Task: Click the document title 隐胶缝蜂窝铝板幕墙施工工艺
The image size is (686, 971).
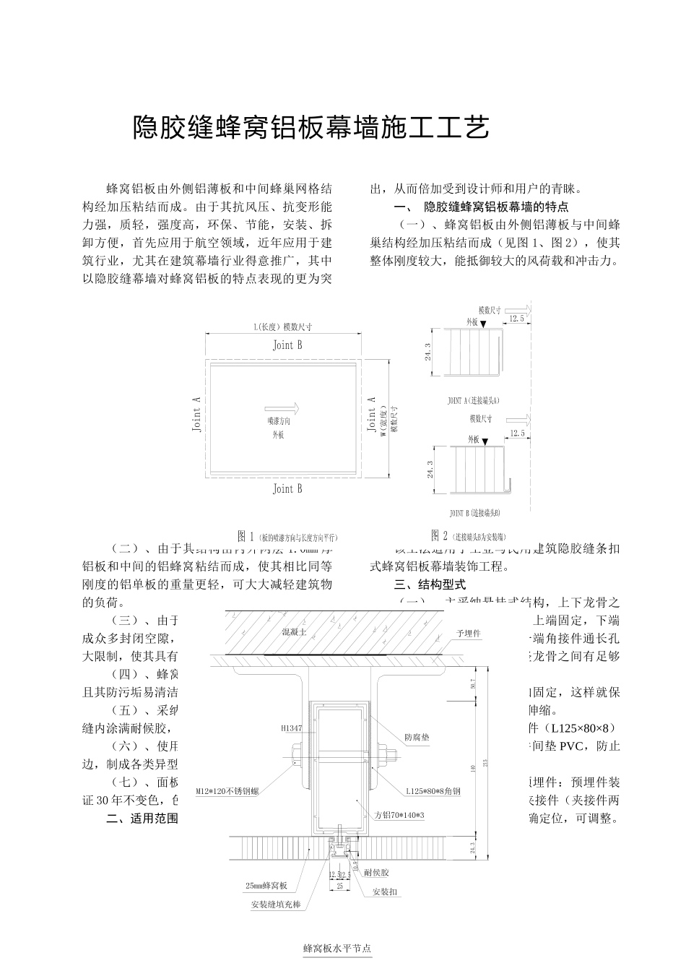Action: coord(311,128)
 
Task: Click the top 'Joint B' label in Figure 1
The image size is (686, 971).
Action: coord(287,345)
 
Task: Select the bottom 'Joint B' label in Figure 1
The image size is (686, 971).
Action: coord(287,489)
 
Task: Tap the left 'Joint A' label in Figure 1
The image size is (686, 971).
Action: coord(196,414)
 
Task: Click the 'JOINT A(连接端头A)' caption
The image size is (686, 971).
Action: coord(474,400)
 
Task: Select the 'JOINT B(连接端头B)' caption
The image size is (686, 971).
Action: coord(474,513)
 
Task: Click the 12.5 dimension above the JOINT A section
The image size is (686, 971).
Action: coord(516,319)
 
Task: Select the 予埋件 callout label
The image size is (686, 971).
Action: coord(469,633)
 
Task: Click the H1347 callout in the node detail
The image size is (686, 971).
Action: coord(291,728)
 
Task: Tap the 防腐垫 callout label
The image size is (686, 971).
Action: coord(417,738)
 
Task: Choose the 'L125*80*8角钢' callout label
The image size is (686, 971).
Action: coord(433,791)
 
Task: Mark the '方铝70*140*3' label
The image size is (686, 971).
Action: coord(399,815)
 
